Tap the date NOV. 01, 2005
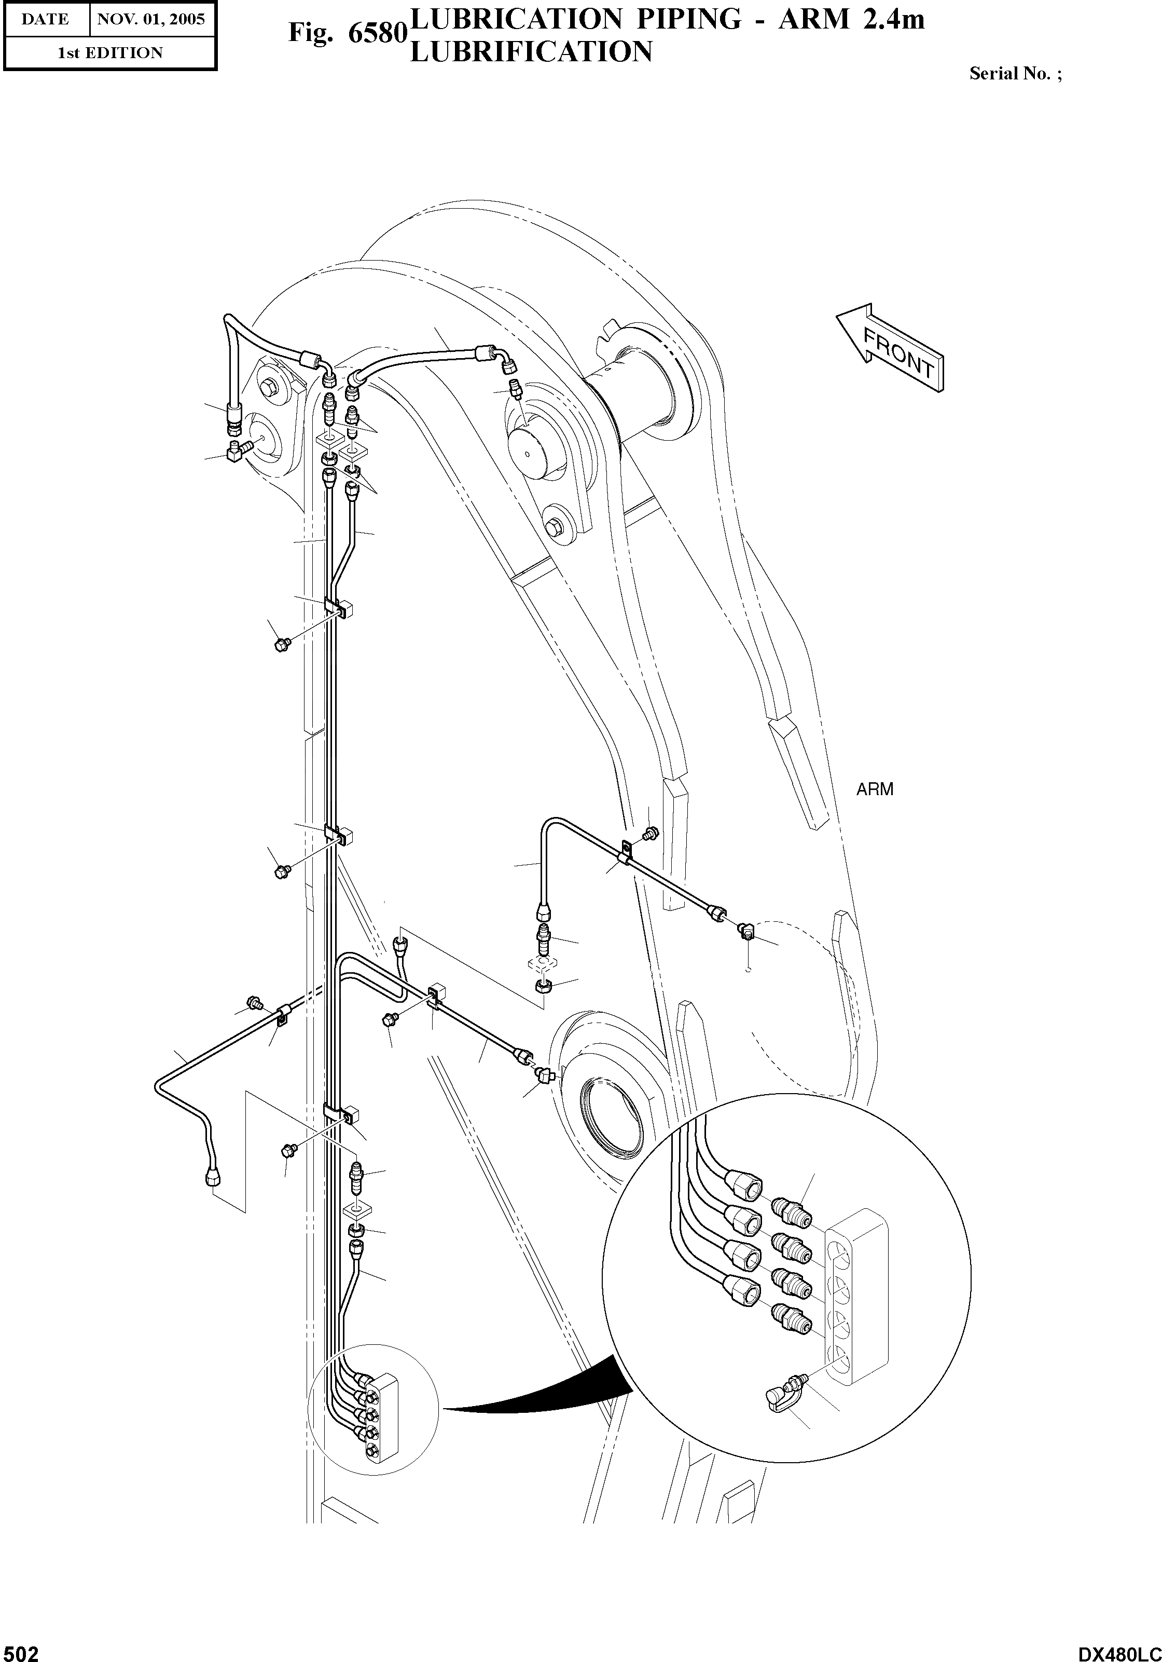(151, 20)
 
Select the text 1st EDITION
(110, 53)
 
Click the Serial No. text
(1015, 74)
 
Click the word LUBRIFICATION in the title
(531, 52)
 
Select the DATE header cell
(45, 20)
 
